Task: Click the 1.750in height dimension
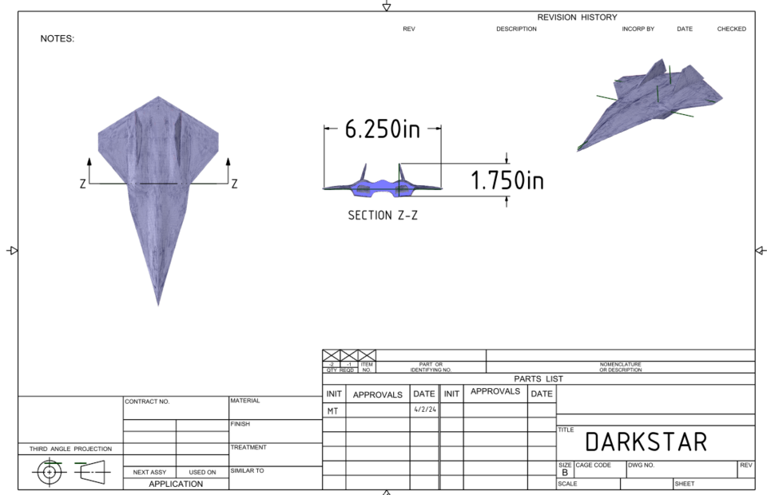point(507,181)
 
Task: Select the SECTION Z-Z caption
point(382,216)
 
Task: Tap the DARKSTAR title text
point(646,442)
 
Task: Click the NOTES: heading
point(57,38)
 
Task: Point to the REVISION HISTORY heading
point(577,18)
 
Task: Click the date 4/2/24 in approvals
point(423,410)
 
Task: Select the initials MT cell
point(332,411)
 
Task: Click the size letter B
point(564,473)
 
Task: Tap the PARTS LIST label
point(538,378)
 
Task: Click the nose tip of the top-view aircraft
point(158,303)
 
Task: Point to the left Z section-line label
point(82,184)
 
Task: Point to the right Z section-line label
point(234,184)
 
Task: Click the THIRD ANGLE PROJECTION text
point(70,449)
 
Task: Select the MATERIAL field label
point(245,401)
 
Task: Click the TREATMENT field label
point(247,448)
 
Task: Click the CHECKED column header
point(731,29)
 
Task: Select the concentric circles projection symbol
point(50,471)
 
